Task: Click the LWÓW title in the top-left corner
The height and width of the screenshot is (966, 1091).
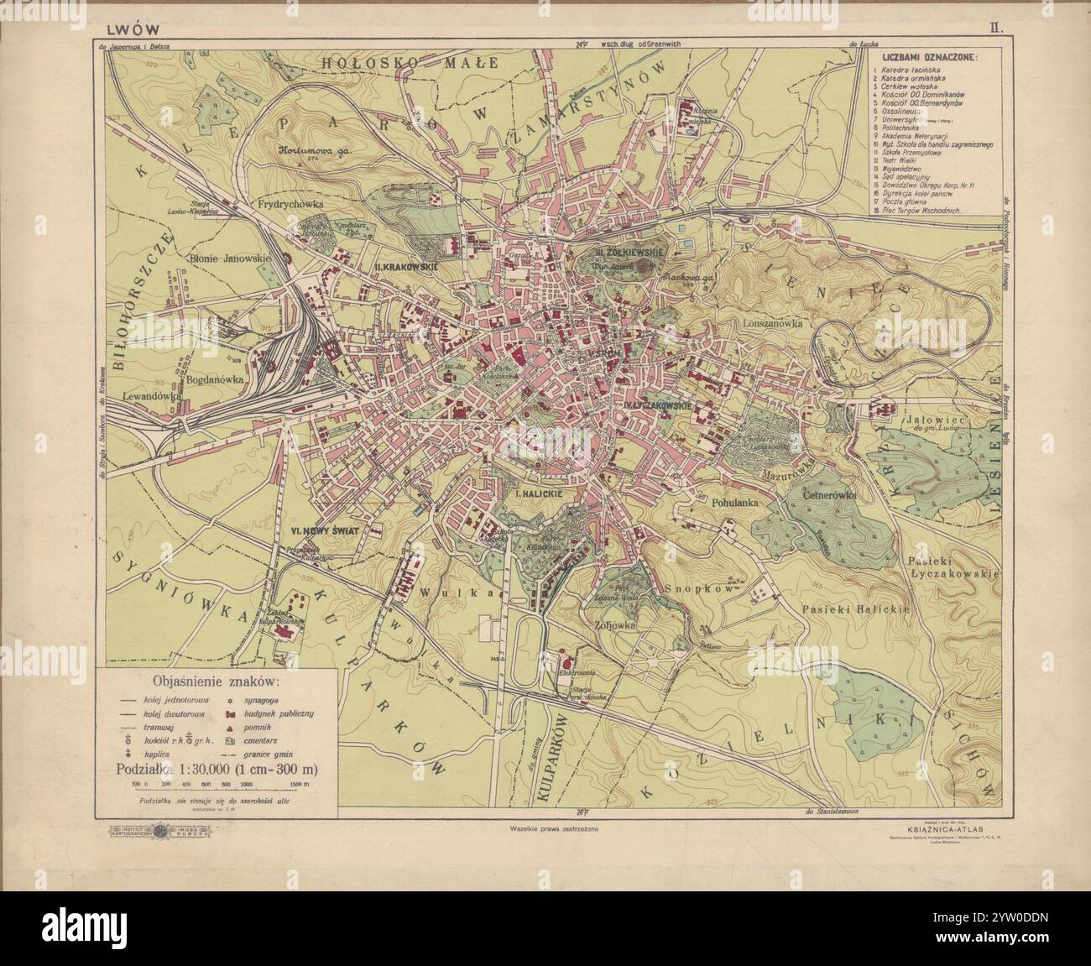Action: (x=117, y=26)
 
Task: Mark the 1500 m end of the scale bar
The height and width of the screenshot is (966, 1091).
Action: (x=299, y=782)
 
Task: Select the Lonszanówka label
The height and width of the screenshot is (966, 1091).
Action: (x=773, y=322)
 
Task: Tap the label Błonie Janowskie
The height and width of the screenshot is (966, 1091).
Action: (x=227, y=259)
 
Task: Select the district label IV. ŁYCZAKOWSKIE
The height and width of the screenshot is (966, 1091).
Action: (x=658, y=405)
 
